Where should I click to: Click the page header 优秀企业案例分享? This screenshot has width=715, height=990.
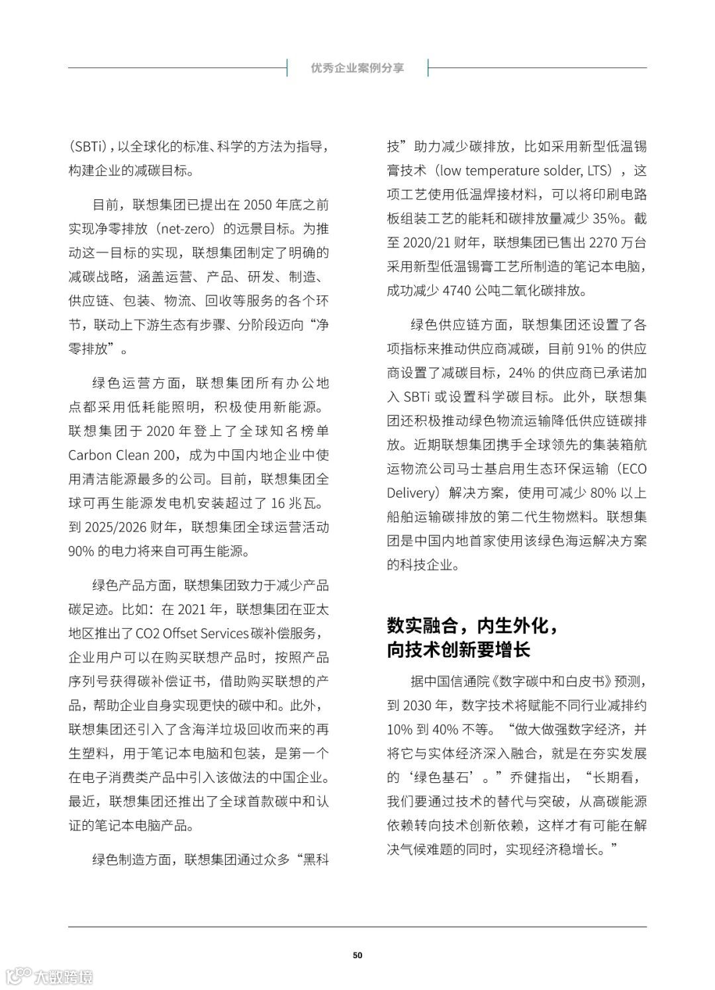pyautogui.click(x=357, y=68)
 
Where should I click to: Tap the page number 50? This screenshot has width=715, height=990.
pyautogui.click(x=358, y=955)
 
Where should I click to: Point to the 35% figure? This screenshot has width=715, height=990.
pyautogui.click(x=607, y=218)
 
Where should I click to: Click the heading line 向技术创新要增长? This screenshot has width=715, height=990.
pyautogui.click(x=459, y=650)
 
